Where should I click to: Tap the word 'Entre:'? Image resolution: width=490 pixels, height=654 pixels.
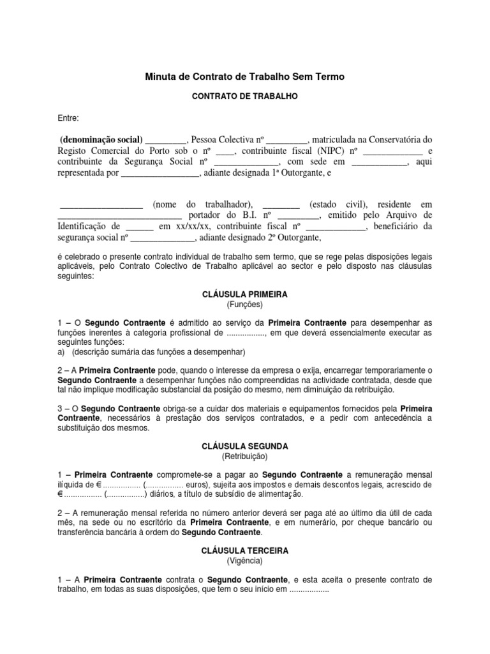(68, 118)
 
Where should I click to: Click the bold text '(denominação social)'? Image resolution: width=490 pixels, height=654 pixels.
(101, 139)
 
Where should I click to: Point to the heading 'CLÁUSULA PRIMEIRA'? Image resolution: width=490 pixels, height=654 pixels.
(245, 294)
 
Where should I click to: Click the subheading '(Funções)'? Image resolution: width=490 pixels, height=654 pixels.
(245, 305)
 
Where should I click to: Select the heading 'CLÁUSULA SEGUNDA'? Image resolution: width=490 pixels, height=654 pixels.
(245, 446)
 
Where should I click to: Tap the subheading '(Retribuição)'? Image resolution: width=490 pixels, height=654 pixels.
(245, 457)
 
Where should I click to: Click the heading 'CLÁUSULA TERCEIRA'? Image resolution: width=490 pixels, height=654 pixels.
(245, 550)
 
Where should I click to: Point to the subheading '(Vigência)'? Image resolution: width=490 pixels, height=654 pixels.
(245, 561)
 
